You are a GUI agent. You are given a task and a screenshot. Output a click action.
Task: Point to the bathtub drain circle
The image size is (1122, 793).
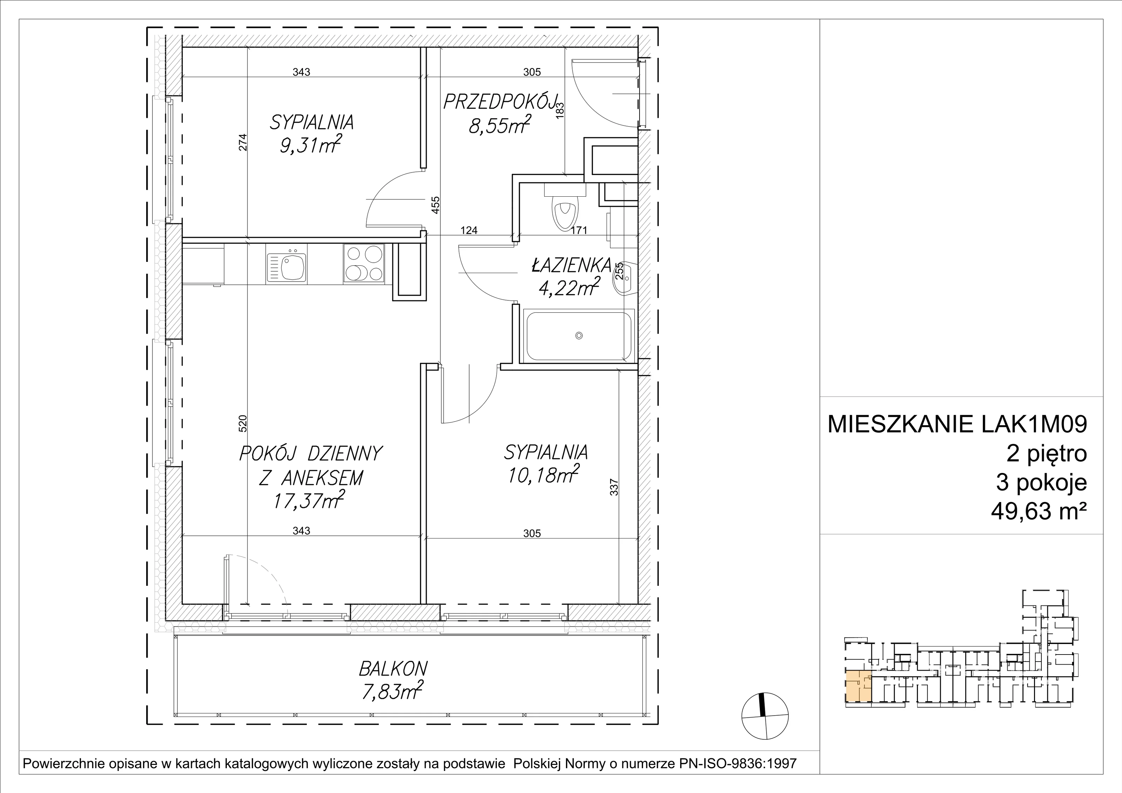click(x=579, y=335)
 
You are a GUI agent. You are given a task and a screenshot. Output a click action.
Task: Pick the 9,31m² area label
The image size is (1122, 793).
click(x=310, y=145)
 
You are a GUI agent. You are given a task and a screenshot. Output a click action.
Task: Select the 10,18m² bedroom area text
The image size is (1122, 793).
click(x=544, y=474)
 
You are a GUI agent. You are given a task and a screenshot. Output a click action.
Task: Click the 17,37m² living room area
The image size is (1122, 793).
click(x=310, y=500)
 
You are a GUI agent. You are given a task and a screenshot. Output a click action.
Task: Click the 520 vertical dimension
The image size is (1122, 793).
click(x=243, y=423)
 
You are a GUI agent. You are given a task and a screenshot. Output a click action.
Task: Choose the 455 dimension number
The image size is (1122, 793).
click(x=435, y=205)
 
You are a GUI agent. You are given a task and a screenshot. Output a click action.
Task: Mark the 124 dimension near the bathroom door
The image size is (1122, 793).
click(x=469, y=230)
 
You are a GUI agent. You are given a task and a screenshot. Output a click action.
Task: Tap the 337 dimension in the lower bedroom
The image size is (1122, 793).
click(x=614, y=487)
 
